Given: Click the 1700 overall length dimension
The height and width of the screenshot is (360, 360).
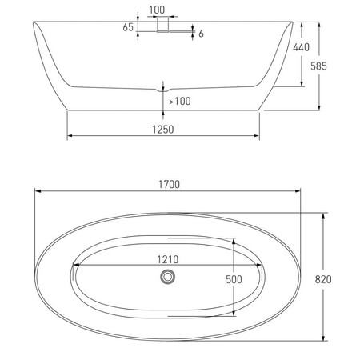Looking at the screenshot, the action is tap(169, 184).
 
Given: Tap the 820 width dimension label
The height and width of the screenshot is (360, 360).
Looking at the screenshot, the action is tap(323, 279).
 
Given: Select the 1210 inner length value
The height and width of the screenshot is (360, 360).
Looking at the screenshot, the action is tap(168, 259).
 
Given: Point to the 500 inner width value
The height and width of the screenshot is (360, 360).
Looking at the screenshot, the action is tap(234, 279).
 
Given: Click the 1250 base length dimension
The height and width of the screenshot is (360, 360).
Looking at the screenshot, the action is tap(163, 130).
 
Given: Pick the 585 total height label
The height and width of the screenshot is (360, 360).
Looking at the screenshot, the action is tap(318, 66).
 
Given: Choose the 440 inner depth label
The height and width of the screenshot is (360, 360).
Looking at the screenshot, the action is tap(302, 47).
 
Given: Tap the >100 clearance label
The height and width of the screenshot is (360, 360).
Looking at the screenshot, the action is tap(180, 102).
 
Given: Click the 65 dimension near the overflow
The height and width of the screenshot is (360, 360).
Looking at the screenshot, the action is tap(128, 27).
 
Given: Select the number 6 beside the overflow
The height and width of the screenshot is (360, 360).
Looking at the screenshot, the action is tap(201, 34).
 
